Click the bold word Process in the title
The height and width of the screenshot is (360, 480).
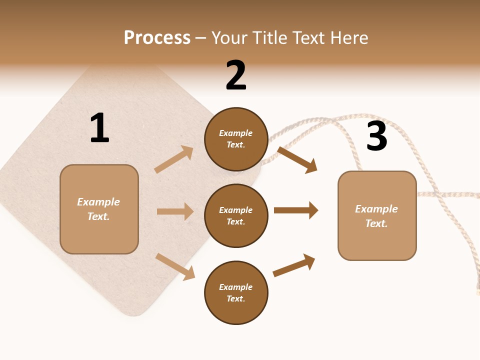[x=157, y=38]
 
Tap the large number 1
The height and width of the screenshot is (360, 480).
[x=99, y=128]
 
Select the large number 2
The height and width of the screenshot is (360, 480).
[x=236, y=75]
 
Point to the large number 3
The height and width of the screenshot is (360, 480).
[x=376, y=136]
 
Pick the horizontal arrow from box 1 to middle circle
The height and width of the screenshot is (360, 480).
[x=175, y=211]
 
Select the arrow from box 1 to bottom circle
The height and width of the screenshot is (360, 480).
[x=175, y=266]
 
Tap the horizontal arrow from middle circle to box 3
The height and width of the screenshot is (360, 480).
[x=295, y=210]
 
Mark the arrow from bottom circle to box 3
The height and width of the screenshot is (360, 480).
[x=294, y=265]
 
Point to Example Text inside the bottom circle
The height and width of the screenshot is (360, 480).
[x=236, y=293]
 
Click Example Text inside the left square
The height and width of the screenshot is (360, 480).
[x=98, y=209]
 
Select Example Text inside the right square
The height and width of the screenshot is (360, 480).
[x=376, y=216]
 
